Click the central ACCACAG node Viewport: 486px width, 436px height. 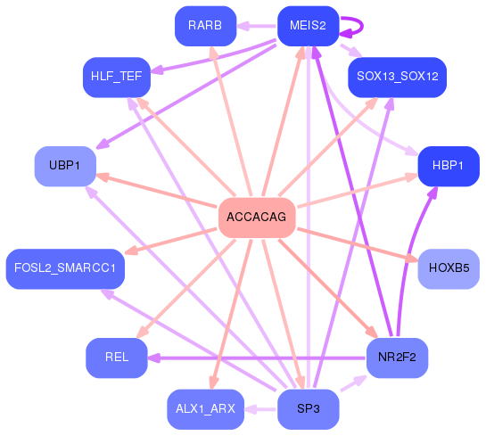pos(257,218)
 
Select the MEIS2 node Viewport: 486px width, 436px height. pos(308,26)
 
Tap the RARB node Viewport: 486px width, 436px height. pos(205,26)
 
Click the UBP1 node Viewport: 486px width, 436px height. pos(65,166)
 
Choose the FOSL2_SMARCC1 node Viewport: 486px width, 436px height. pos(65,268)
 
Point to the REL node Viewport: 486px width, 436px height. pos(116,358)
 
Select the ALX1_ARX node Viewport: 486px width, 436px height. pos(205,409)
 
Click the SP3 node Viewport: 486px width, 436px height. pos(308,409)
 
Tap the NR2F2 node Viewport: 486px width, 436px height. pos(397,358)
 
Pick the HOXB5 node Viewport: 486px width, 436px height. pos(449,268)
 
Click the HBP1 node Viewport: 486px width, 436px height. pos(449,166)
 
